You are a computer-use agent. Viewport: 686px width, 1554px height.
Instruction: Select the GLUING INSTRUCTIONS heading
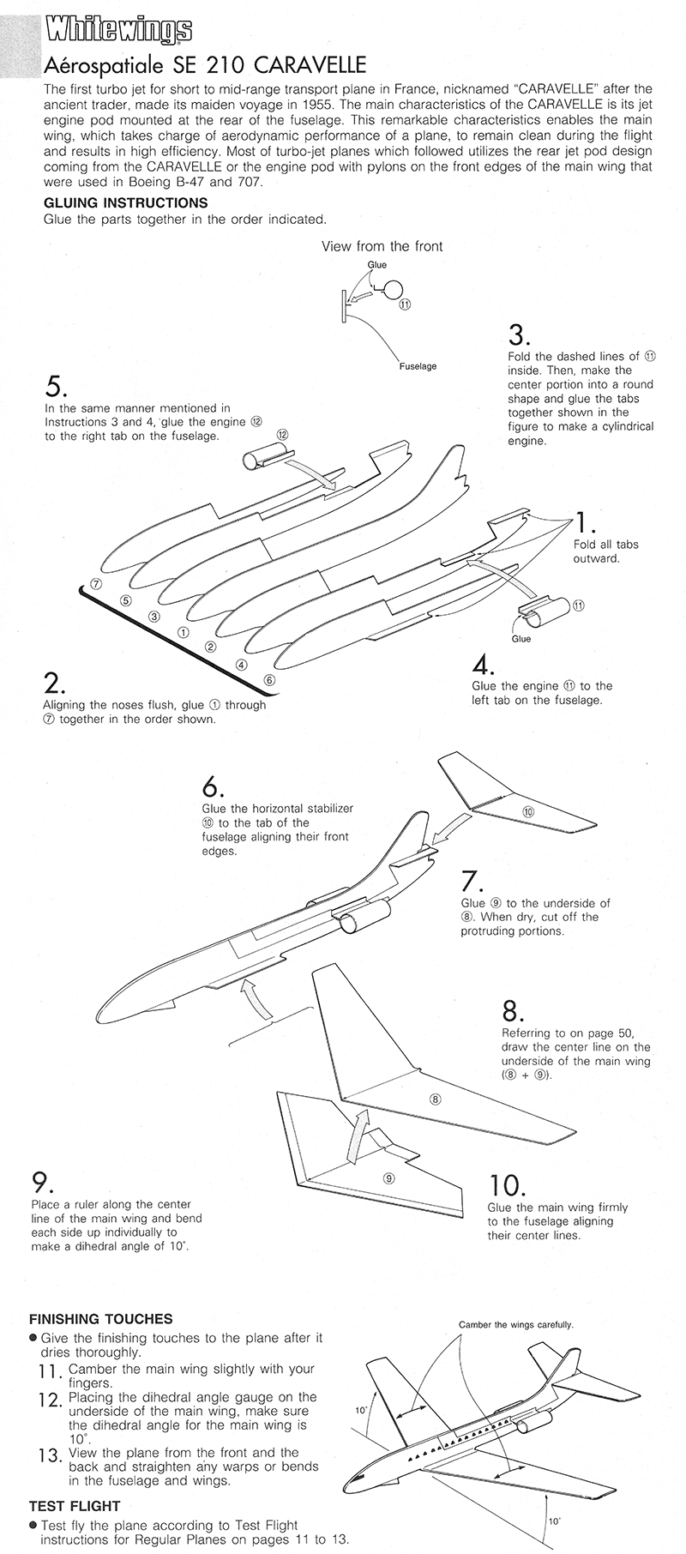(125, 203)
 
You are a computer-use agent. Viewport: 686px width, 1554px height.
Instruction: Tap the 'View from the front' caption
(382, 246)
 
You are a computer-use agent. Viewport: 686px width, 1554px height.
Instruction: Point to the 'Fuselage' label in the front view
(418, 366)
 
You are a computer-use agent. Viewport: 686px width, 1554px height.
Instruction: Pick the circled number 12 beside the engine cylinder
(282, 434)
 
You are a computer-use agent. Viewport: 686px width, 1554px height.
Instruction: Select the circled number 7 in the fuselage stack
(96, 584)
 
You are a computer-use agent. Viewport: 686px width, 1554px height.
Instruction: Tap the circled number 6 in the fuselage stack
(269, 680)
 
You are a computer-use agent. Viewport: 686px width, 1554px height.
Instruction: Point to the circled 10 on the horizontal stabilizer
(528, 811)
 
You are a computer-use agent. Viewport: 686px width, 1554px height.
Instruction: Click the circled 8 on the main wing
(435, 1099)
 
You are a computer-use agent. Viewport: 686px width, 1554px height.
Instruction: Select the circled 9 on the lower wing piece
(388, 1178)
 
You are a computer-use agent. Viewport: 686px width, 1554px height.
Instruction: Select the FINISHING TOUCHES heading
(100, 1319)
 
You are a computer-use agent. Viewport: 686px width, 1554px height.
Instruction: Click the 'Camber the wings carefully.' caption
(515, 1324)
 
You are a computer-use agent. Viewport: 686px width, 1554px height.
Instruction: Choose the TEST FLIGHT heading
(75, 1505)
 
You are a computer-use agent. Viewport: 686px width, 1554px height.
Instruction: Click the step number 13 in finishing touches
(51, 1455)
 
